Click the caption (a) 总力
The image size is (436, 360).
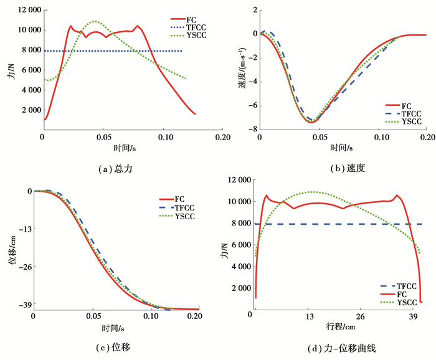click(x=116, y=169)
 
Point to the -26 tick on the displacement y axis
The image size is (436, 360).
click(x=25, y=266)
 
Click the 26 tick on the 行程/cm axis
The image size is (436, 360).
click(x=360, y=316)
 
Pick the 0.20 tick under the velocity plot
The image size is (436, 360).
click(x=427, y=138)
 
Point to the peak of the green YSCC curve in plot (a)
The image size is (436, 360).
click(x=95, y=21)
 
